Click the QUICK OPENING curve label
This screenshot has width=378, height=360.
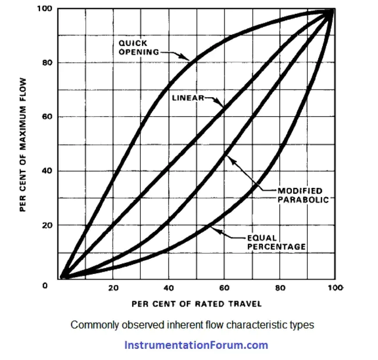pyautogui.click(x=138, y=47)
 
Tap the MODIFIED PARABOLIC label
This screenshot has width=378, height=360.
pyautogui.click(x=303, y=195)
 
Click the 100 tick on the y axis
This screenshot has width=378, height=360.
pyautogui.click(x=45, y=8)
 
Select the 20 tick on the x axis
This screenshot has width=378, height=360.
pyautogui.click(x=113, y=288)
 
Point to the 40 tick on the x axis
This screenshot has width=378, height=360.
pyautogui.click(x=169, y=288)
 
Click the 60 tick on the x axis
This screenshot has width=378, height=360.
pyautogui.click(x=223, y=288)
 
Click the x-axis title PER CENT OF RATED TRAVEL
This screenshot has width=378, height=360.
pyautogui.click(x=197, y=304)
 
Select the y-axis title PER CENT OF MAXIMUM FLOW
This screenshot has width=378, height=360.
pyautogui.click(x=23, y=144)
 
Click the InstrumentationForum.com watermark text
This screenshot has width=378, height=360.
pyautogui.click(x=197, y=345)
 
